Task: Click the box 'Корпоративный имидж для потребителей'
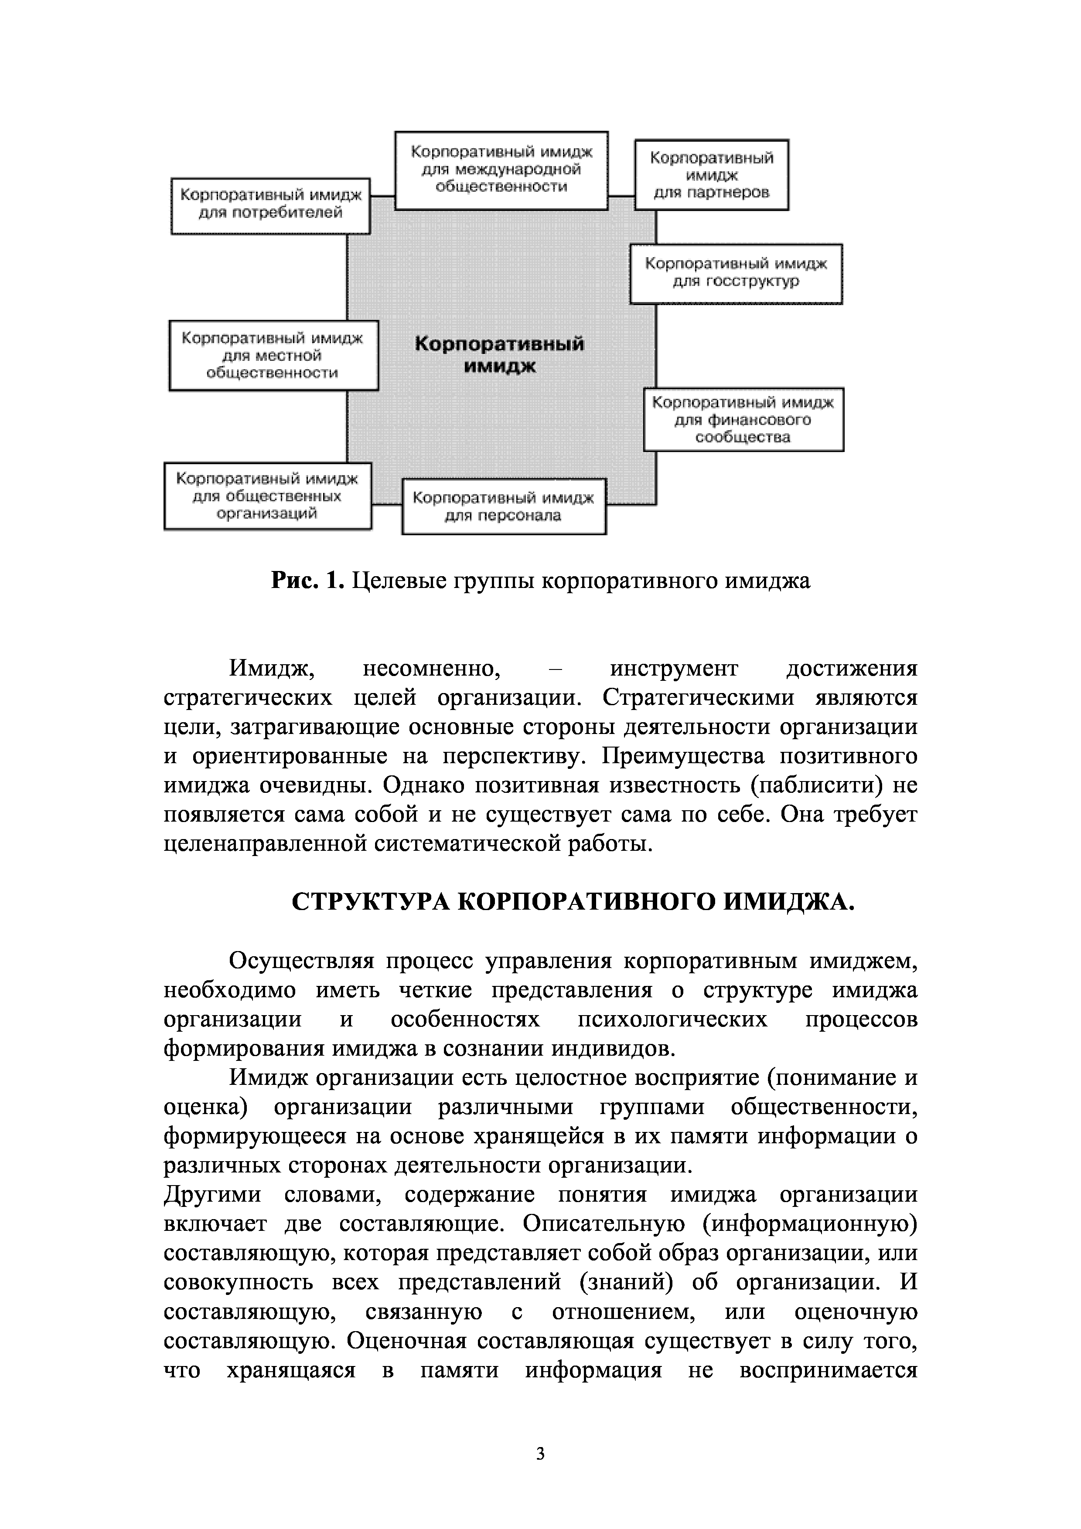tap(270, 205)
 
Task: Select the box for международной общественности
tap(501, 170)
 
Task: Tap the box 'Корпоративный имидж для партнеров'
tap(711, 175)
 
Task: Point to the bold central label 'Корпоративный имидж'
tap(500, 355)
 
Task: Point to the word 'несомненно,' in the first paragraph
tap(431, 668)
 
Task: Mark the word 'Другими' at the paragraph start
tap(212, 1194)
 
